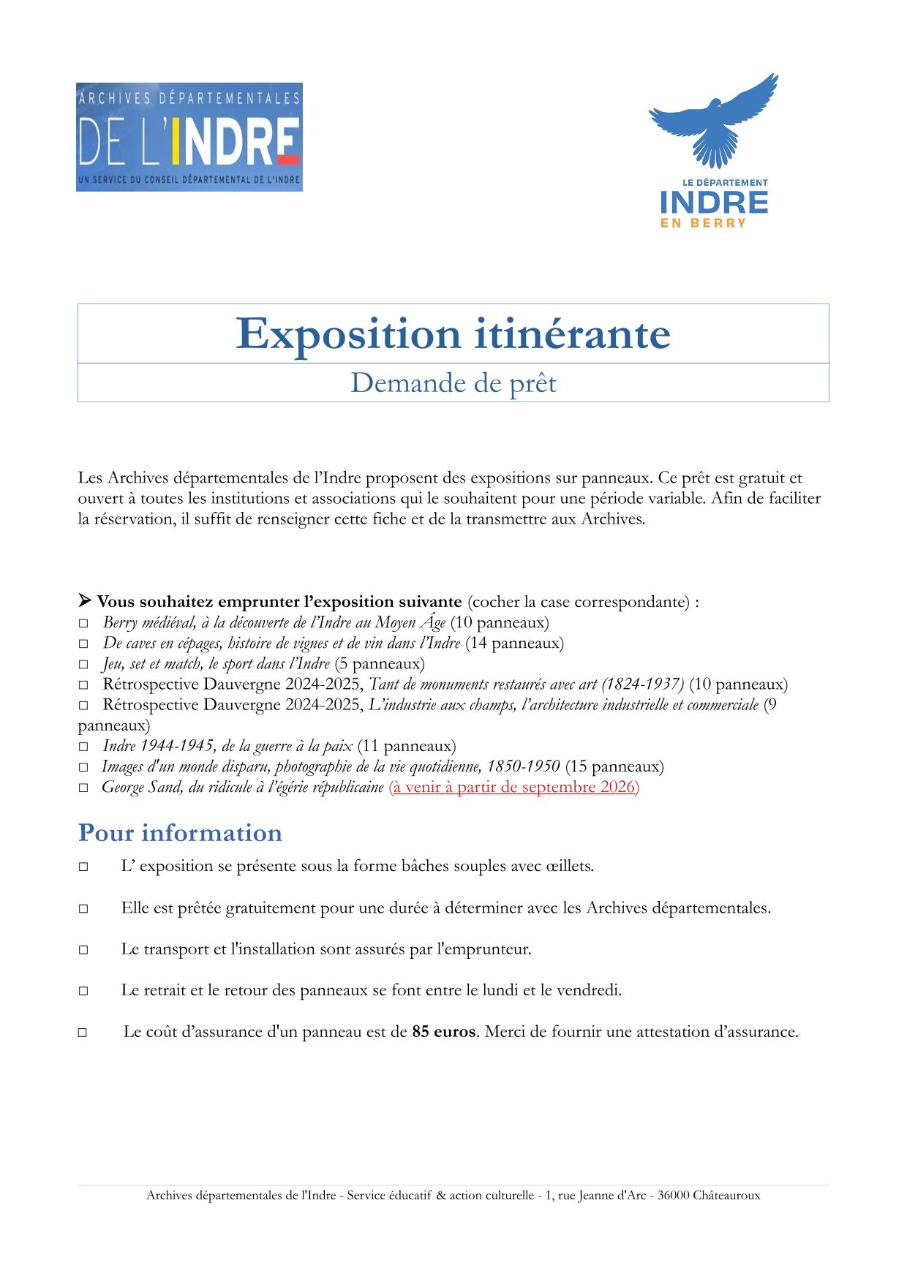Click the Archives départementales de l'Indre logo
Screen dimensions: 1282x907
[x=189, y=137]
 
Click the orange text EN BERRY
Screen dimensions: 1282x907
[x=703, y=224]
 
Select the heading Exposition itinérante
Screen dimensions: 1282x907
[x=453, y=334]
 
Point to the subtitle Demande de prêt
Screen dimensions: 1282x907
[x=453, y=383]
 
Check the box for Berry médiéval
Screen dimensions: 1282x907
[x=83, y=624]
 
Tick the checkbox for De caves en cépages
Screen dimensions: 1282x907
[x=83, y=644]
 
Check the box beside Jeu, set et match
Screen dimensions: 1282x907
[x=83, y=665]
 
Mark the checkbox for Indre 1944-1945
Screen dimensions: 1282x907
[x=83, y=747]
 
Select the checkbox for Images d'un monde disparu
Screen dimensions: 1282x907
[x=83, y=767]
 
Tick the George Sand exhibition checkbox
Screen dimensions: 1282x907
[x=83, y=788]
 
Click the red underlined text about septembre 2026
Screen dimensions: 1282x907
[x=513, y=788]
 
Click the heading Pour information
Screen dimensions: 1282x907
[x=180, y=833]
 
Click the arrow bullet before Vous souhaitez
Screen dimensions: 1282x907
[x=85, y=601]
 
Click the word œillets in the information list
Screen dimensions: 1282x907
[x=569, y=866]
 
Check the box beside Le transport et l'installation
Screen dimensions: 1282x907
[x=83, y=950]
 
